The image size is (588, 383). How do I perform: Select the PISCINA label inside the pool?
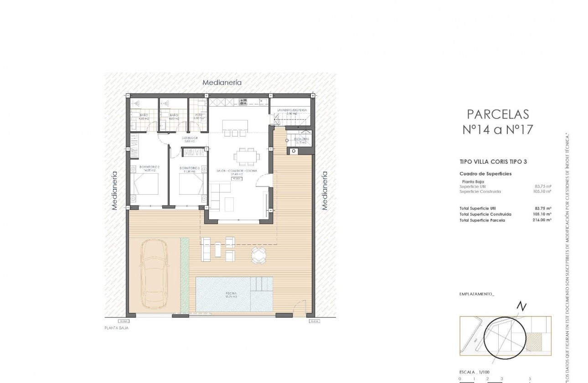click(231, 293)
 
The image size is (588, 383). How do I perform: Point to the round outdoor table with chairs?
click(258, 255)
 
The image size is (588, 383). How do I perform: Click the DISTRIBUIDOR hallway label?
click(189, 138)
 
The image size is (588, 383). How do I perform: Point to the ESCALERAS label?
click(301, 139)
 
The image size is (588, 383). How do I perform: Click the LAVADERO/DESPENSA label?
click(289, 110)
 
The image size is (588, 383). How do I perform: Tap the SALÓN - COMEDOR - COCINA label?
click(236, 171)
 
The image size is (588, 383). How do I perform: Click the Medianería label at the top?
click(222, 83)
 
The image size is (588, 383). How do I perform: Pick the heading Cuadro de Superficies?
click(485, 174)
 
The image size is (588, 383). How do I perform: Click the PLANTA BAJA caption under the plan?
click(116, 327)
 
